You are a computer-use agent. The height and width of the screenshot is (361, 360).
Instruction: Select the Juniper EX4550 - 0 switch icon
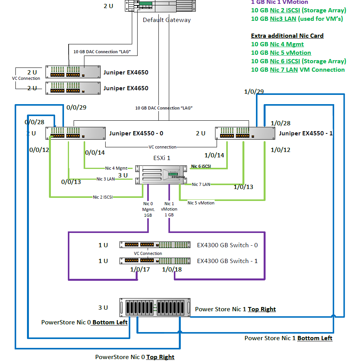point(75,133)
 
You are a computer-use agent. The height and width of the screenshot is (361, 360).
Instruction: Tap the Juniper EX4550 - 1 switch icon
point(245,133)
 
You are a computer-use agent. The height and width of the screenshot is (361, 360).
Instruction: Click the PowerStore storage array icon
point(155,308)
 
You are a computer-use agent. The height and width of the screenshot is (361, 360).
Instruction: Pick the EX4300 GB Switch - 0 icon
point(155,245)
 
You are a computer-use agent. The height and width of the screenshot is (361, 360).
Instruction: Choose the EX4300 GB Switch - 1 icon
point(155,261)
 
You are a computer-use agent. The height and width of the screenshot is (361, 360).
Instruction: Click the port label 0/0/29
point(76,108)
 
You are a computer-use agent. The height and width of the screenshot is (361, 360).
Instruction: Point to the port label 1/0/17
point(140,269)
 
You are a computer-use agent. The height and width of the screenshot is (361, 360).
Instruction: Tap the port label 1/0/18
point(172,269)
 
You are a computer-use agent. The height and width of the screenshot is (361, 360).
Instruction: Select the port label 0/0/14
point(95,153)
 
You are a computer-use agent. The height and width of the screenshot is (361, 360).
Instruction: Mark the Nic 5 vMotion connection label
point(201,203)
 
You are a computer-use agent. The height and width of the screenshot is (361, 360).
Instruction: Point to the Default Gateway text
point(167,20)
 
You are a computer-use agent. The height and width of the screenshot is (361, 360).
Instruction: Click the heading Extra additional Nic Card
point(287,36)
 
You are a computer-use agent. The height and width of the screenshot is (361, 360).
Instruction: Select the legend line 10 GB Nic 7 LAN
point(298,70)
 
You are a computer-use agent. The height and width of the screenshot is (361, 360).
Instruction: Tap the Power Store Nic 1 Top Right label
point(235,309)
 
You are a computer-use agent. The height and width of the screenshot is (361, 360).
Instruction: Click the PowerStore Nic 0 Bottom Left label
point(84,322)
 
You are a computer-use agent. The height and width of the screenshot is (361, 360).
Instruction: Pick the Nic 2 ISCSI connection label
point(103,197)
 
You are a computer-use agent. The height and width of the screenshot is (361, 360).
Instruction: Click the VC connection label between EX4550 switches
point(162,147)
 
